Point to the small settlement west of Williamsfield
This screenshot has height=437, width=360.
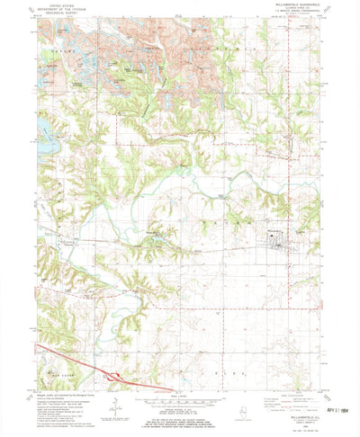tap(153, 236)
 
